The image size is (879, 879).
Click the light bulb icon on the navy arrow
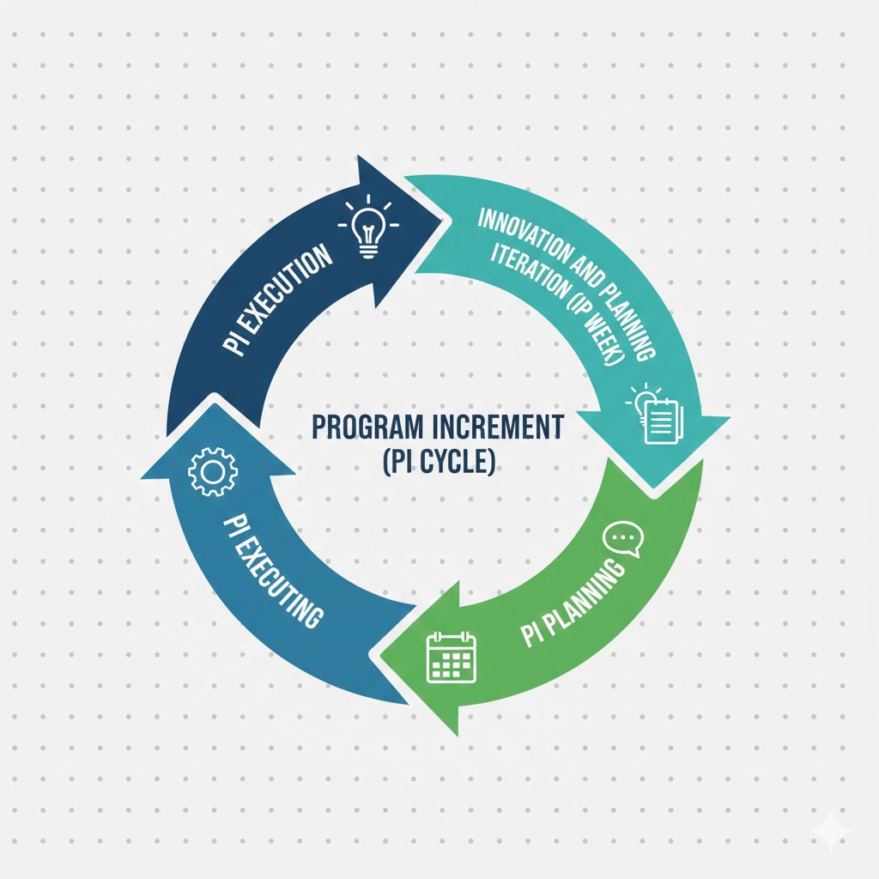[x=367, y=226]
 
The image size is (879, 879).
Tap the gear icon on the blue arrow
[x=213, y=471]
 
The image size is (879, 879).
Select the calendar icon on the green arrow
[x=452, y=657]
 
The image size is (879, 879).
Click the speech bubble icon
[x=623, y=539]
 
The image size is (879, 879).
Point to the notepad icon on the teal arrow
[x=655, y=414]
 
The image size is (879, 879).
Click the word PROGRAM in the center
[x=367, y=427]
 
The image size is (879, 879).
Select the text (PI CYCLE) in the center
[x=439, y=463]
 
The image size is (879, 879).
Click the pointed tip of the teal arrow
[x=653, y=488]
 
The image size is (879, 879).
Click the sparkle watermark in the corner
[x=832, y=831]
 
